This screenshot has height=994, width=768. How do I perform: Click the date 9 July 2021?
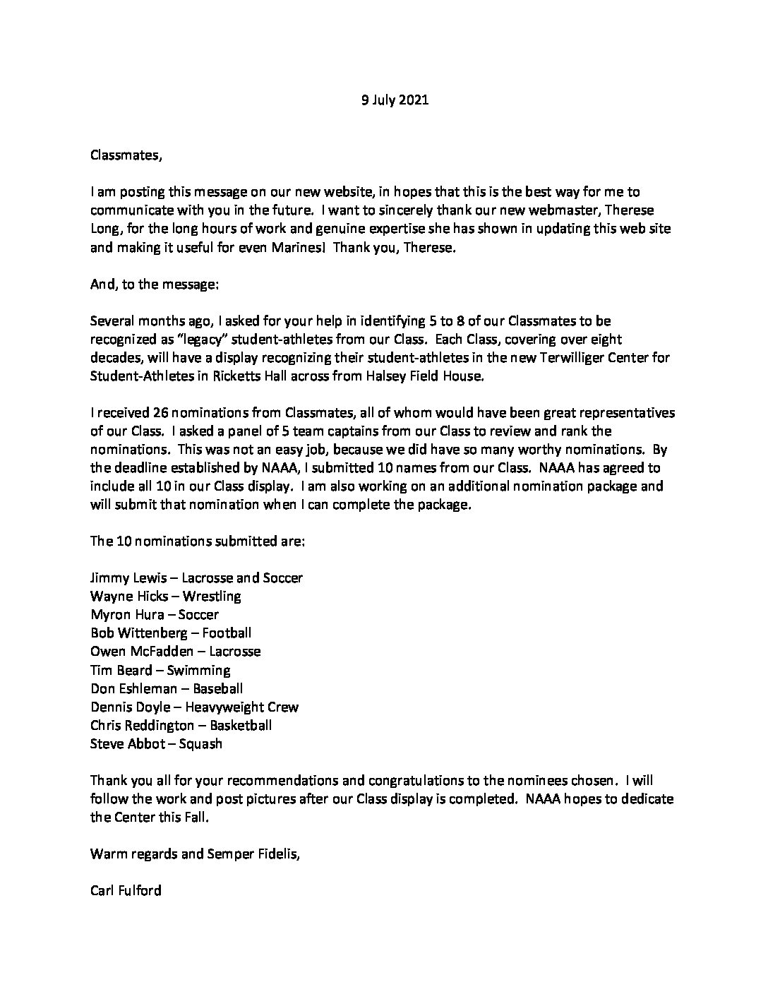[x=395, y=100]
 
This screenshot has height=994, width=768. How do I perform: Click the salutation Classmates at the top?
[x=126, y=155]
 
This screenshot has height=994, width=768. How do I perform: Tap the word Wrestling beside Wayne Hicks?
[x=212, y=596]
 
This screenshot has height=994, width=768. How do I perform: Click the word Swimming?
[x=198, y=669]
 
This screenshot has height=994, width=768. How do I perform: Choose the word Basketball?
[x=239, y=724]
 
